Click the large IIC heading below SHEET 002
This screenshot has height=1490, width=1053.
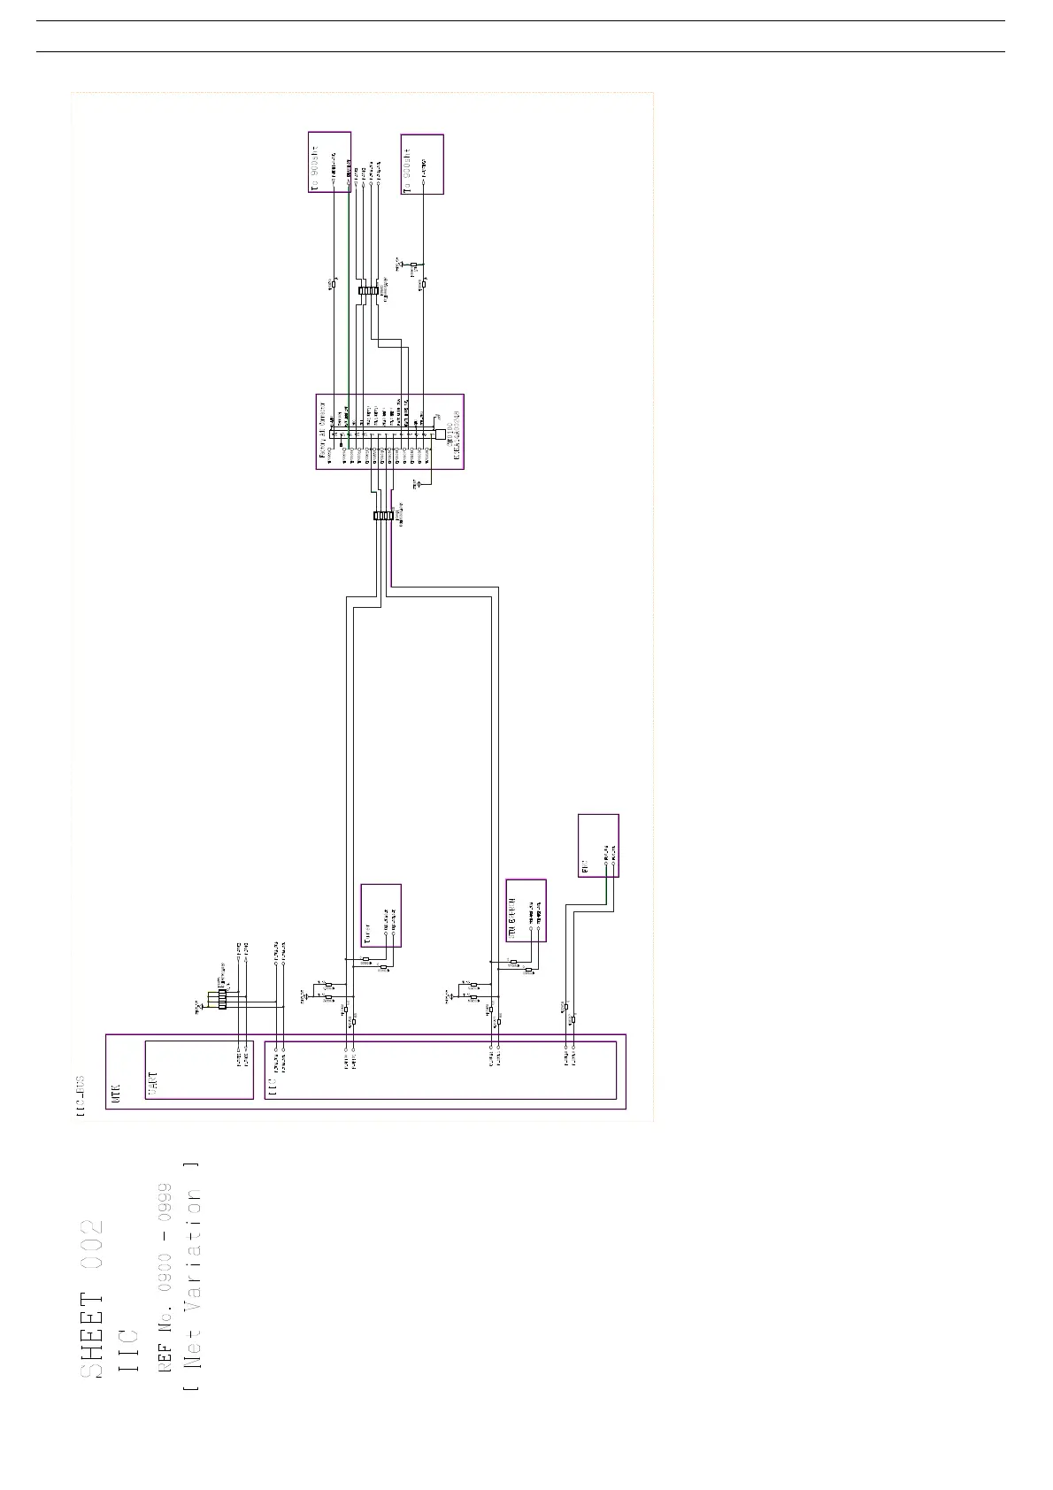pyautogui.click(x=128, y=1350)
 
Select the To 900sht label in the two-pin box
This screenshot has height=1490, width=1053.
pyautogui.click(x=315, y=163)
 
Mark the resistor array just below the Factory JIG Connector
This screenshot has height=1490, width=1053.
pyautogui.click(x=383, y=516)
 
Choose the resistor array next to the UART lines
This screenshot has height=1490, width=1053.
pyautogui.click(x=222, y=998)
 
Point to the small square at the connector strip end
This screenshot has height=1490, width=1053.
pyautogui.click(x=441, y=434)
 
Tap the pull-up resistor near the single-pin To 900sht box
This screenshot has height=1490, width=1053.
pyautogui.click(x=413, y=265)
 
